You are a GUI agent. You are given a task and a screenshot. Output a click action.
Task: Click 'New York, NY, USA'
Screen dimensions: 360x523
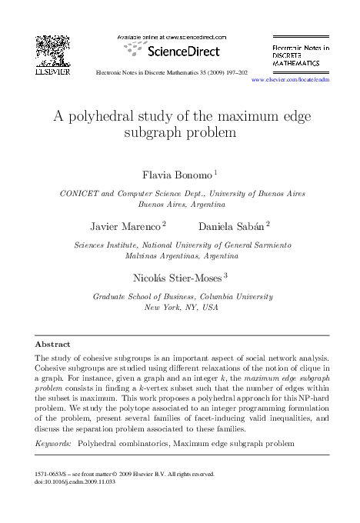coord(182,307)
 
